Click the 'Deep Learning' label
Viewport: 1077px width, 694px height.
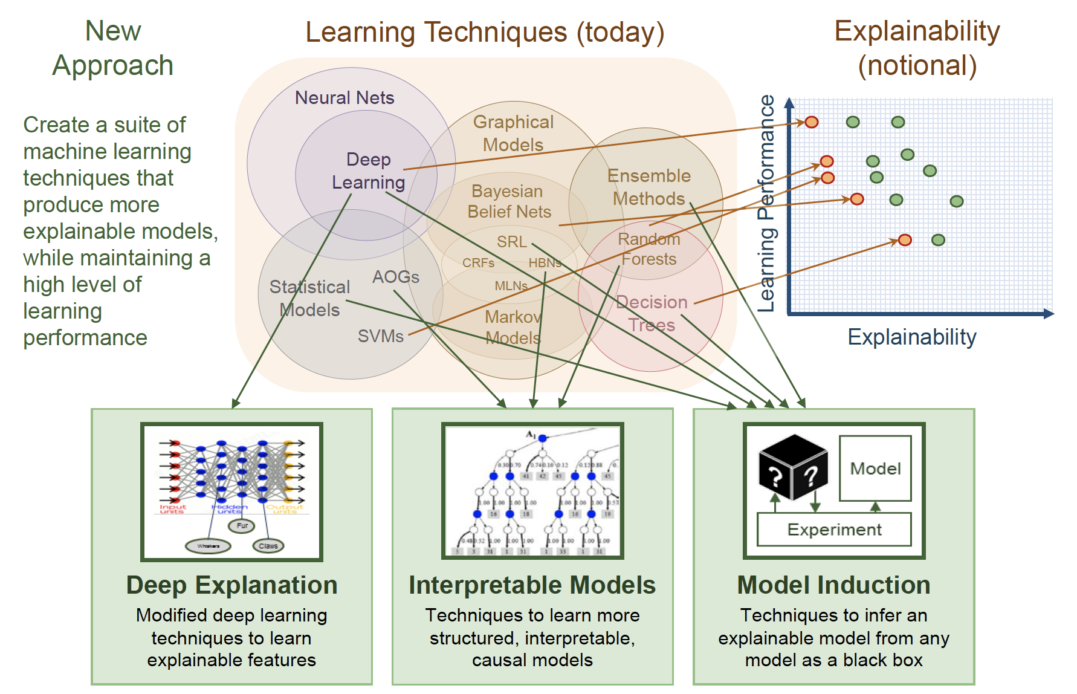369,171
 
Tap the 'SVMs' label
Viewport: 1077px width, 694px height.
380,336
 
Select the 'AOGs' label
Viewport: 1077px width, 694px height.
396,277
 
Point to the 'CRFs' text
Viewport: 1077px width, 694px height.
478,263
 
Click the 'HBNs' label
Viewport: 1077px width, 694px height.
545,263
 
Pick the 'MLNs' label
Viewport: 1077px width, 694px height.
511,286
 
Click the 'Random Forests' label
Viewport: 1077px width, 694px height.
649,249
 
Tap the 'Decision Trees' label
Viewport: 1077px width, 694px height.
652,313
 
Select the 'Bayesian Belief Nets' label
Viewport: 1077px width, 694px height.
509,201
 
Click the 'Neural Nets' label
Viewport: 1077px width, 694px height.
344,98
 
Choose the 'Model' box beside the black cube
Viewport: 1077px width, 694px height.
875,469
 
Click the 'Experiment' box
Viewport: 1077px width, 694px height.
834,530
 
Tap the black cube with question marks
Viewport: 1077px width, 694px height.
792,469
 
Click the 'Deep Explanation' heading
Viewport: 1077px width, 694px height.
231,585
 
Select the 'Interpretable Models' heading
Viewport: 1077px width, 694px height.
532,585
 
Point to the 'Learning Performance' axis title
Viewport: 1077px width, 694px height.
766,203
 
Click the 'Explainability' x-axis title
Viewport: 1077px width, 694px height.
911,337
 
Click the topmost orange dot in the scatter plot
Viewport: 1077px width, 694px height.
812,122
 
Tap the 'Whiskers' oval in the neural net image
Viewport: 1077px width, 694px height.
208,546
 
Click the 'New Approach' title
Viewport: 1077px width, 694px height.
113,48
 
